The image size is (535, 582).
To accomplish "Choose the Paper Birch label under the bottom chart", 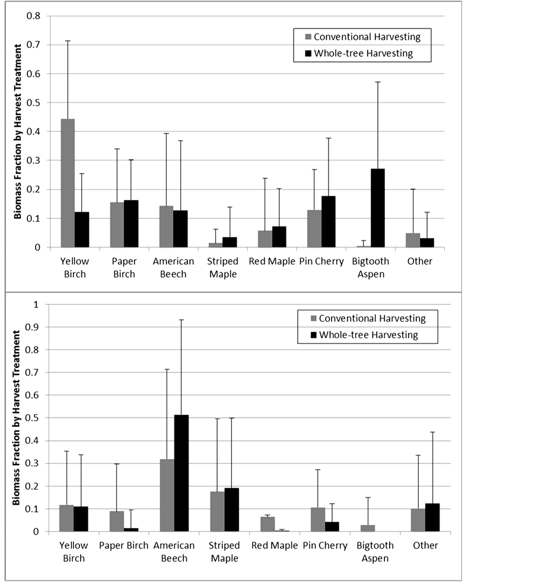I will coord(123,545).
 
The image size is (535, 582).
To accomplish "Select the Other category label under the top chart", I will coord(420,262).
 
